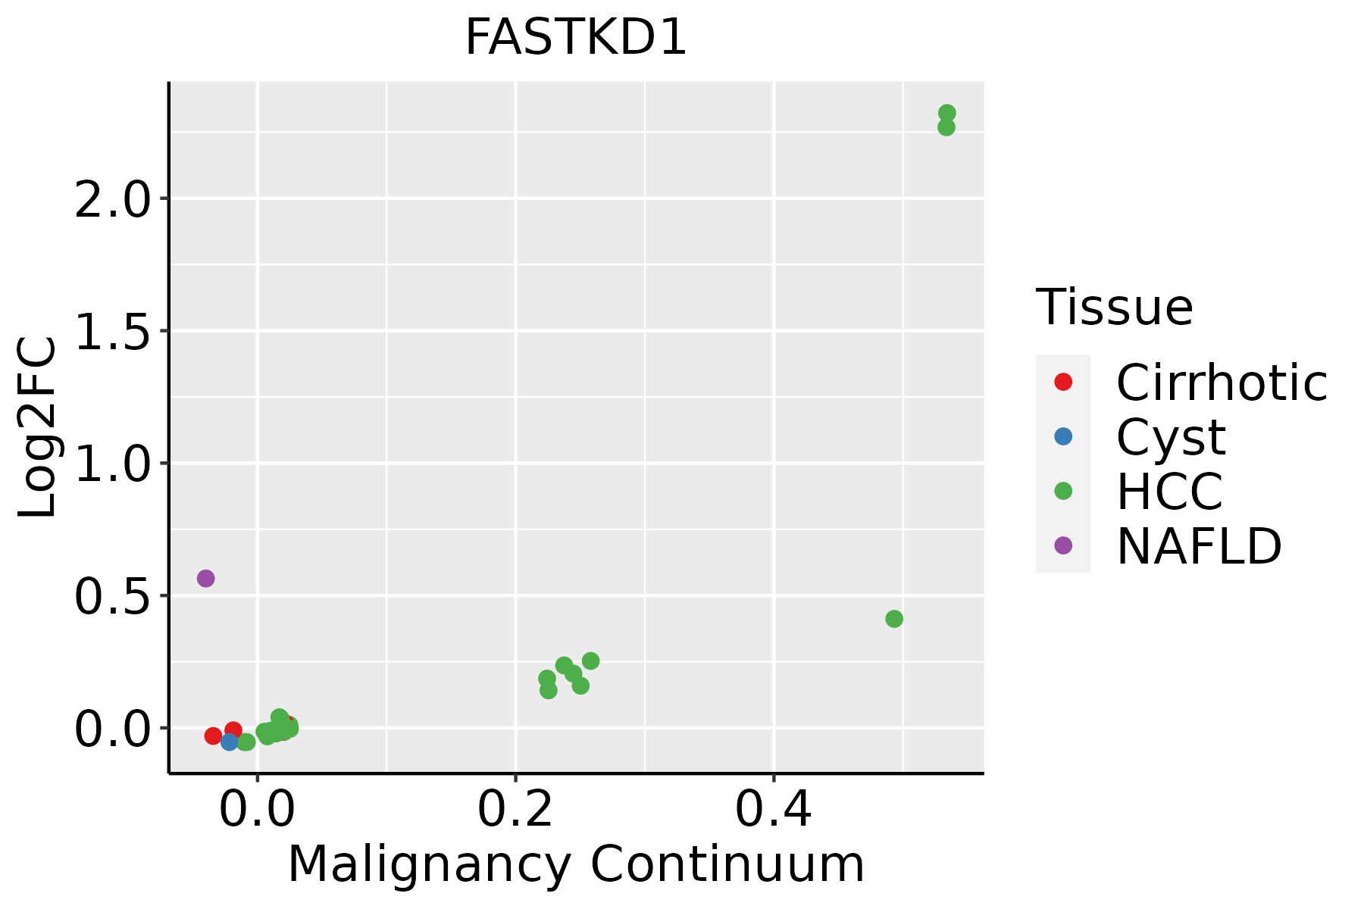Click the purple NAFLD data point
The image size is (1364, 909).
(205, 579)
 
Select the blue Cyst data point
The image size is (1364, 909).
(230, 742)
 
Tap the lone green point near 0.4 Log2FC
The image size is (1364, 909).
(894, 619)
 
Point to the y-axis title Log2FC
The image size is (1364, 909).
(38, 427)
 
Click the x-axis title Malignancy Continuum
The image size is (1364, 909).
(576, 864)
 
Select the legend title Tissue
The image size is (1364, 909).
(1114, 307)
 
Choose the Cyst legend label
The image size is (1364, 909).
(1171, 437)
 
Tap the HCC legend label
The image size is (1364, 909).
(1169, 492)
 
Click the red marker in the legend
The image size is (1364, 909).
(1063, 382)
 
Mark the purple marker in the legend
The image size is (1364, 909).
(1063, 545)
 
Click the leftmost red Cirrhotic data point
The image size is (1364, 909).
(213, 736)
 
